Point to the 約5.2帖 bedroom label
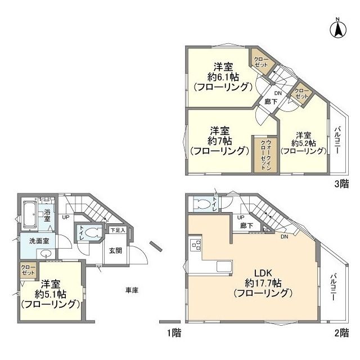click(304, 143)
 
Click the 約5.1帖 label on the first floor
click(50, 294)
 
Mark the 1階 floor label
click(174, 332)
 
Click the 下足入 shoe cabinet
click(117, 230)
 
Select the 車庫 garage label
click(132, 290)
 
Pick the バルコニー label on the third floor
click(337, 141)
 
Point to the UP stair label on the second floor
click(241, 217)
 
